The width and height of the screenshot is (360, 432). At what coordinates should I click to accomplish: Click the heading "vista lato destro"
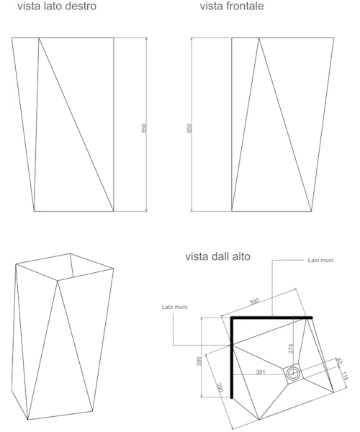(x=57, y=6)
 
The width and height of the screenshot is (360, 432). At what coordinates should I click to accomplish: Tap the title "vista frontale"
(x=232, y=6)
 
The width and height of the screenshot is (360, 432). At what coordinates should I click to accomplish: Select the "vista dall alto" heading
(x=217, y=256)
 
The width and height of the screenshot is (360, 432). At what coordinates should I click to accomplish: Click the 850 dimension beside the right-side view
(x=144, y=128)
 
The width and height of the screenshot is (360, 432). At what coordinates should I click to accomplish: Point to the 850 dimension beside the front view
(x=189, y=128)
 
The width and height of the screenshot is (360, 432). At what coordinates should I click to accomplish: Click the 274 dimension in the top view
(x=291, y=348)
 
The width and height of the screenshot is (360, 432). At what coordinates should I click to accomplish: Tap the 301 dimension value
(x=261, y=372)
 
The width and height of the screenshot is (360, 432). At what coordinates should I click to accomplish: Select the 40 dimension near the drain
(x=339, y=361)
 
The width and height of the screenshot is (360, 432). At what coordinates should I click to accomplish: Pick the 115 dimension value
(x=344, y=376)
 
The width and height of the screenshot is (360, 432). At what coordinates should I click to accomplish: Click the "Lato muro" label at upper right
(x=320, y=260)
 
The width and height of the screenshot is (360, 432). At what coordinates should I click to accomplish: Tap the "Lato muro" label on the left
(x=175, y=307)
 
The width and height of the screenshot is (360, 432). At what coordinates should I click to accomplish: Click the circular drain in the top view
(x=292, y=374)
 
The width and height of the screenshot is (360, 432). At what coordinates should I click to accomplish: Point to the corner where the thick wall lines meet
(x=232, y=318)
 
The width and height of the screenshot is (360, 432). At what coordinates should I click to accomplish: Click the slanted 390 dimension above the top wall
(x=254, y=302)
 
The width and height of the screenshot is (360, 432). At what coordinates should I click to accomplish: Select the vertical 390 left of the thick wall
(x=199, y=361)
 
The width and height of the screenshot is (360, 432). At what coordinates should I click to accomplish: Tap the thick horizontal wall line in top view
(x=271, y=318)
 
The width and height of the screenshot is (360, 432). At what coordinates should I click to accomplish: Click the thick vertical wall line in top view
(x=232, y=358)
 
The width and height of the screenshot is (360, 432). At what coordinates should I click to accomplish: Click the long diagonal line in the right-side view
(x=76, y=125)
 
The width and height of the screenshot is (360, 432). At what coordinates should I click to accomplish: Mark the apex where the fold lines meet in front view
(x=258, y=38)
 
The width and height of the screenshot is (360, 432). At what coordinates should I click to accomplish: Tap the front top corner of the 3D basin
(x=58, y=281)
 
